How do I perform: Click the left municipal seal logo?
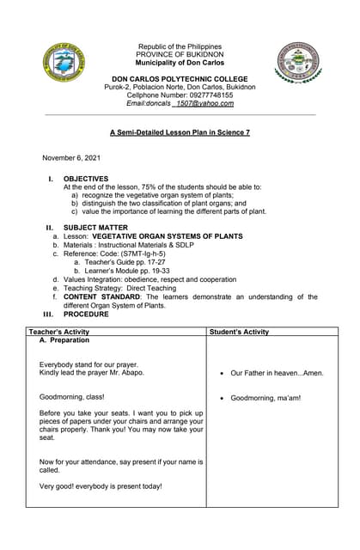click(x=63, y=63)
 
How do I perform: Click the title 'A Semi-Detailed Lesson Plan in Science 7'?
click(x=180, y=132)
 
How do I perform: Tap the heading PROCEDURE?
click(x=87, y=314)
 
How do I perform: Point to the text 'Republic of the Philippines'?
click(x=180, y=46)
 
